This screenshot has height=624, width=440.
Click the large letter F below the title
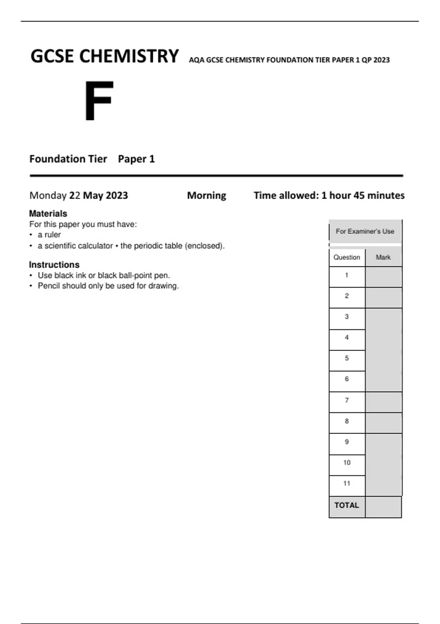pyautogui.click(x=99, y=101)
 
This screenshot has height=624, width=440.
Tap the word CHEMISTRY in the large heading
pyautogui.click(x=129, y=57)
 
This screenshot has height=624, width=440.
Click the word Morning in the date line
pyautogui.click(x=206, y=195)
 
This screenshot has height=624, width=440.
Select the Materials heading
pyautogui.click(x=48, y=214)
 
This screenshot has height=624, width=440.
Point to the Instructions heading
pyautogui.click(x=54, y=265)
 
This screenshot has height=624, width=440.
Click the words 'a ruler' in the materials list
pyautogui.click(x=49, y=235)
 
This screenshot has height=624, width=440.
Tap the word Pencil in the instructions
pyautogui.click(x=49, y=286)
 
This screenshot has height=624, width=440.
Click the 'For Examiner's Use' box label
pyautogui.click(x=365, y=231)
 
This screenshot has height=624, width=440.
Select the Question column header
pyautogui.click(x=346, y=257)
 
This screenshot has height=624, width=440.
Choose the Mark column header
pyautogui.click(x=383, y=257)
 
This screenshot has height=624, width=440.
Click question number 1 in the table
pyautogui.click(x=346, y=275)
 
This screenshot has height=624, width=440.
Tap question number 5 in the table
pyautogui.click(x=346, y=358)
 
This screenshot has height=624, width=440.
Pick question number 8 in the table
pyautogui.click(x=346, y=421)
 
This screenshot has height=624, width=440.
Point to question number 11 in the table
pyautogui.click(x=346, y=483)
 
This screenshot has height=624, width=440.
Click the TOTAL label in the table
pyautogui.click(x=346, y=505)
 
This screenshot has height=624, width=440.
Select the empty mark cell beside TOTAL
pyautogui.click(x=383, y=507)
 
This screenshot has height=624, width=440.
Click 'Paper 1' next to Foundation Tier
pyautogui.click(x=136, y=159)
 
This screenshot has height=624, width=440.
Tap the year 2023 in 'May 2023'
pyautogui.click(x=117, y=195)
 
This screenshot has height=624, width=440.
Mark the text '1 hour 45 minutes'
pyautogui.click(x=363, y=195)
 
